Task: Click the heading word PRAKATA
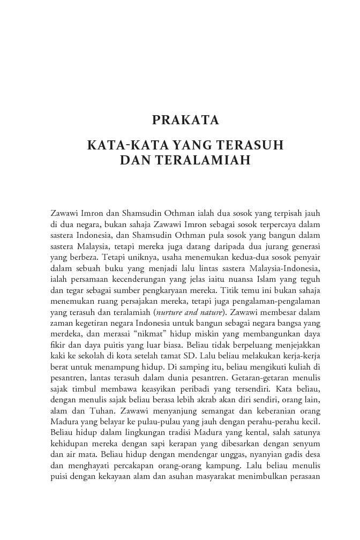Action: [185, 120]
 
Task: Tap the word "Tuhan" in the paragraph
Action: [107, 415]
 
